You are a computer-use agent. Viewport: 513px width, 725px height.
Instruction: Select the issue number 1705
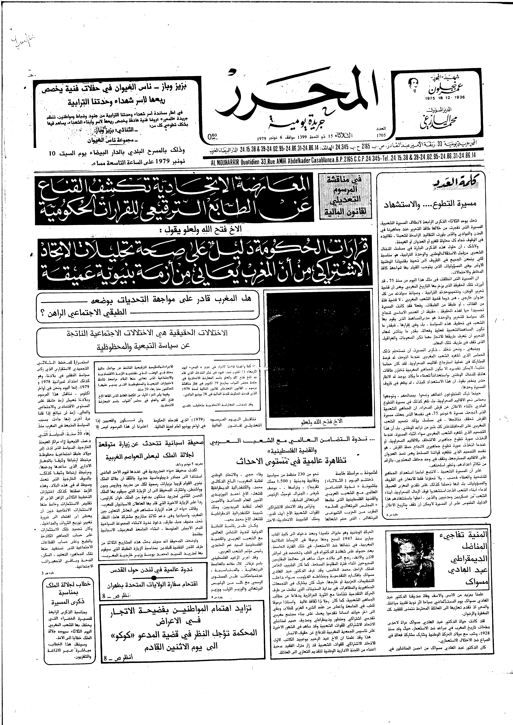382,135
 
